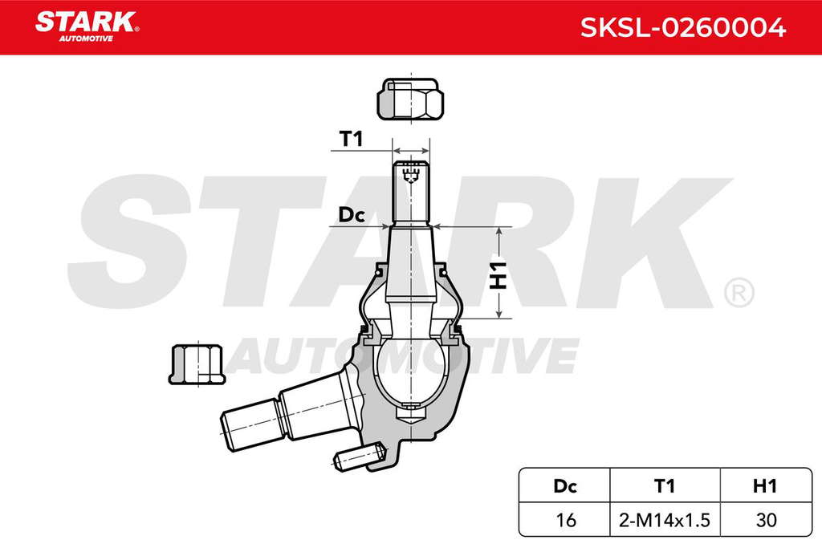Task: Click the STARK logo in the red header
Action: [87, 26]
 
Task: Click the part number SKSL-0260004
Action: [682, 27]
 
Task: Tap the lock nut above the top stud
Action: [410, 99]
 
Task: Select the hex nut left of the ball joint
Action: [197, 364]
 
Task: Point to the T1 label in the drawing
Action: [352, 139]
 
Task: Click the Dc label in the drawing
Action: [352, 215]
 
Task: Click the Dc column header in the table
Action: [564, 486]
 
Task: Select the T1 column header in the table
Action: [665, 486]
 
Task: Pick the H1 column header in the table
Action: [765, 486]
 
